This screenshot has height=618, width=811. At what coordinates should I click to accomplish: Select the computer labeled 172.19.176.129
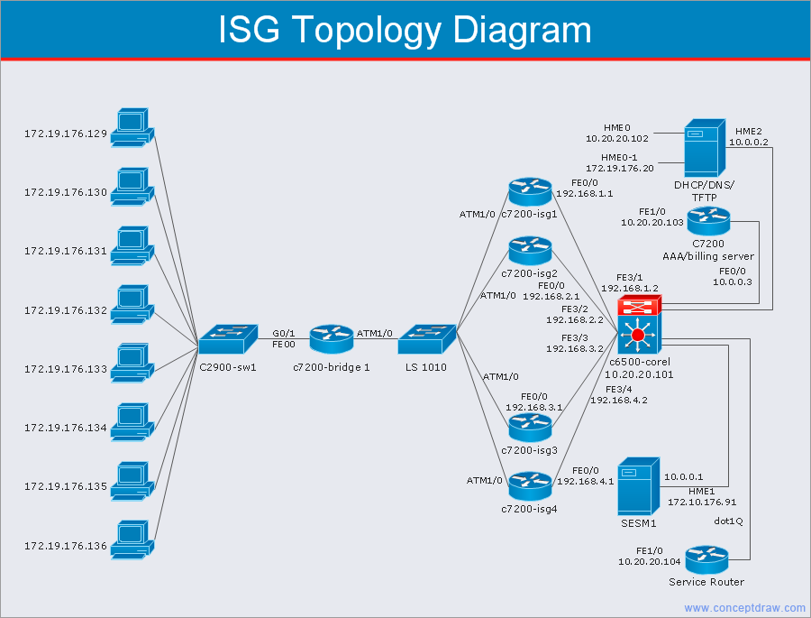132,128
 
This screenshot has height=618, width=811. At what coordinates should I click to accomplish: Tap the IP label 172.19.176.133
65,369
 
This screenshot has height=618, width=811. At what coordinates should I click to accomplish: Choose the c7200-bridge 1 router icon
332,339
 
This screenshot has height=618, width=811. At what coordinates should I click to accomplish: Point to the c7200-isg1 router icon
529,191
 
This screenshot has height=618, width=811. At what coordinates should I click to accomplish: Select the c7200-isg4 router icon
529,486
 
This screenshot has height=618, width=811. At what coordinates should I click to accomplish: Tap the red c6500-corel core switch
639,325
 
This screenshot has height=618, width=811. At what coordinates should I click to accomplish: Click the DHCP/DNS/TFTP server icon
703,149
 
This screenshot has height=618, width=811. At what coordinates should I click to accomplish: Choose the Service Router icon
706,558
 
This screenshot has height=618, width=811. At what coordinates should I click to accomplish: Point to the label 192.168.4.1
585,482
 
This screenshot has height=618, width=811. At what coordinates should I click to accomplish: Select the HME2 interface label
748,131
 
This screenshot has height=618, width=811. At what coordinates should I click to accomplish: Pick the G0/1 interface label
284,333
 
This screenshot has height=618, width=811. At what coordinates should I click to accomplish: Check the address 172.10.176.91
702,502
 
